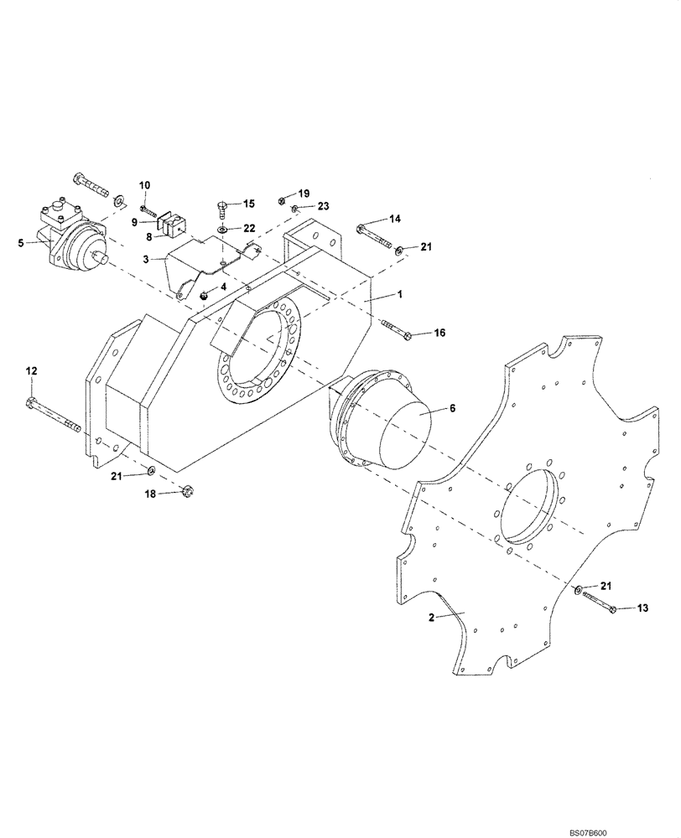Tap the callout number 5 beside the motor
[21, 244]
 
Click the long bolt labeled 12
[54, 416]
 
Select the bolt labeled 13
[597, 603]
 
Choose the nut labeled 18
[187, 491]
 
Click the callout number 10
[144, 184]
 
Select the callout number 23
[324, 206]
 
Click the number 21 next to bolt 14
[426, 246]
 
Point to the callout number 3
[144, 260]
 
